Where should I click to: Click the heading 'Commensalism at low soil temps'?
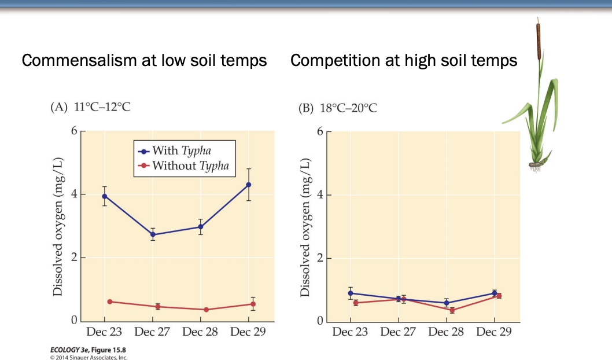tap(144, 60)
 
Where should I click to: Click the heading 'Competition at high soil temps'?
tap(404, 60)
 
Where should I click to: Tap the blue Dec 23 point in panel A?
tap(105, 196)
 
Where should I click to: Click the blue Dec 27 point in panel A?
tap(153, 234)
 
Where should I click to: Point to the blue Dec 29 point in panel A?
tap(249, 185)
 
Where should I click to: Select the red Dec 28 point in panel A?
tap(205, 310)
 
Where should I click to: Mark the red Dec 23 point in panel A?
tap(109, 302)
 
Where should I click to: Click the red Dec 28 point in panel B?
tap(452, 310)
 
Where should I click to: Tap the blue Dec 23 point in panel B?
tap(351, 293)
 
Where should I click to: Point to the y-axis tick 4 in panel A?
tap(73, 194)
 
